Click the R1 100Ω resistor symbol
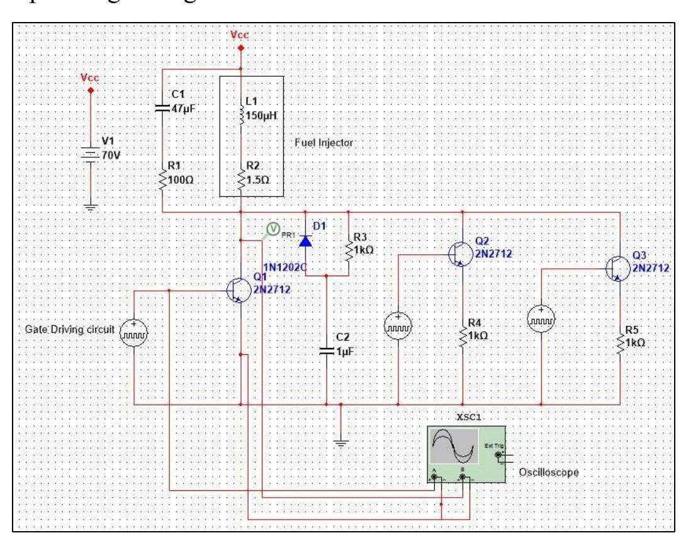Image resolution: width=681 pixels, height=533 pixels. tap(162, 181)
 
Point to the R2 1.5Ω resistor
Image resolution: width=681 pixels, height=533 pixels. tap(242, 179)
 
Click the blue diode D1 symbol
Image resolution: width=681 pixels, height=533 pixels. tap(306, 240)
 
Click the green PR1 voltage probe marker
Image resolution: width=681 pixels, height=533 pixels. tap(271, 230)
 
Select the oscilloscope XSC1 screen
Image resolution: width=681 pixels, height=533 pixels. tap(453, 446)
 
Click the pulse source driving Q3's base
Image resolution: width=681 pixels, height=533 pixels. tap(541, 318)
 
